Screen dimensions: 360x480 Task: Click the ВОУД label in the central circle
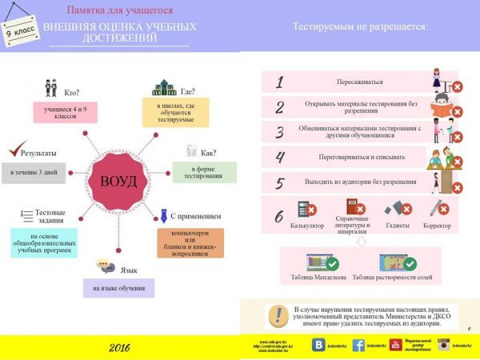118,181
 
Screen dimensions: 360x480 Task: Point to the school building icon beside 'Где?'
164,87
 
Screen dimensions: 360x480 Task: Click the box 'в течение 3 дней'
33,171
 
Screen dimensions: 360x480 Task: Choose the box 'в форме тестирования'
204,172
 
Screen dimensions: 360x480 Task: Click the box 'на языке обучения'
118,288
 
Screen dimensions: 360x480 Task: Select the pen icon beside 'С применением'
173,214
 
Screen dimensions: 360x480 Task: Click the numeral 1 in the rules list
278,82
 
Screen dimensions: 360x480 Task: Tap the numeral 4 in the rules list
279,157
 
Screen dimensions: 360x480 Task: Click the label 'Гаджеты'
398,226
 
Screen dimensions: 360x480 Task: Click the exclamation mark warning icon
278,314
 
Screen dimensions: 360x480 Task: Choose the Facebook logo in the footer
358,345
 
